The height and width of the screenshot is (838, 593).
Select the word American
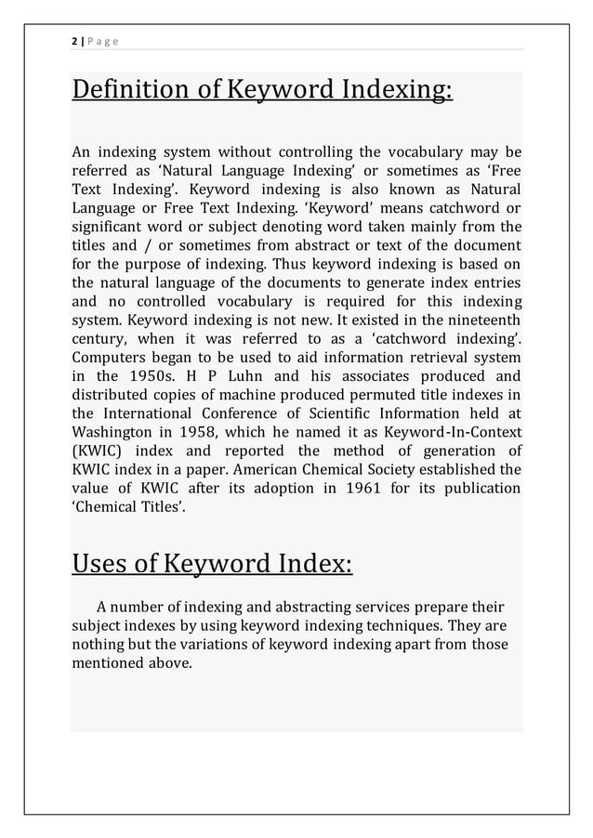pyautogui.click(x=287, y=470)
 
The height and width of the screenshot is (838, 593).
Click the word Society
pyautogui.click(x=422, y=470)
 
